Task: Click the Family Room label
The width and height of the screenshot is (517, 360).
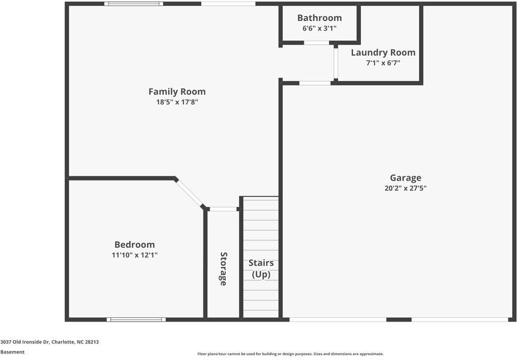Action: [x=177, y=92]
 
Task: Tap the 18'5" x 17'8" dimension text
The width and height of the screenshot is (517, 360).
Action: [x=177, y=102]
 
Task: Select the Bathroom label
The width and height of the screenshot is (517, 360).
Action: [x=319, y=18]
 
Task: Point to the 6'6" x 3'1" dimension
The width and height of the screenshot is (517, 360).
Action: [x=319, y=28]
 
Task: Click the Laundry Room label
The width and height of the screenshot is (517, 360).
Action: [x=383, y=53]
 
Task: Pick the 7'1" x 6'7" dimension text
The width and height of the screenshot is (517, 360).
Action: [x=383, y=62]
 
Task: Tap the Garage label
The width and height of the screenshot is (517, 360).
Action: [x=405, y=178]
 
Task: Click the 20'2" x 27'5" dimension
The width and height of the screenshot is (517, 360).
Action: [x=405, y=188]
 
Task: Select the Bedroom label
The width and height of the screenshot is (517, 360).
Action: [x=135, y=245]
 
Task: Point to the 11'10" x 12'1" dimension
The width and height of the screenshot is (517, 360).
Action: [x=135, y=255]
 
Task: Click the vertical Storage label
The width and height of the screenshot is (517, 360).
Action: [x=223, y=268]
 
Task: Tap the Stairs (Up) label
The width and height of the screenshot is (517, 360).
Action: [x=261, y=269]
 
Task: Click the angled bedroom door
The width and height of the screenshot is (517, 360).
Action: [x=190, y=193]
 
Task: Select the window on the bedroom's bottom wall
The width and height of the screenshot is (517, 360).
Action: [x=136, y=319]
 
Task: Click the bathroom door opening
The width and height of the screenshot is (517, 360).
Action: [x=316, y=43]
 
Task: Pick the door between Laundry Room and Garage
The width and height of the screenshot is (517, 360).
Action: [x=315, y=83]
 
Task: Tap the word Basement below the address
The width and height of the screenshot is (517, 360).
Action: [x=13, y=352]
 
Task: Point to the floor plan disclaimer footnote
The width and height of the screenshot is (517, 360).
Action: [x=290, y=354]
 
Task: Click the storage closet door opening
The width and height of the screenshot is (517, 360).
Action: [x=223, y=209]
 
